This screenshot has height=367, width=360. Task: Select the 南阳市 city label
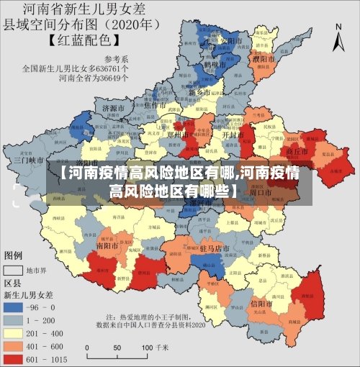coord(107,245)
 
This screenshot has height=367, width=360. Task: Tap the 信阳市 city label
coord(260,303)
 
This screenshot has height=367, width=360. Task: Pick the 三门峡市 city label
coord(30,160)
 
